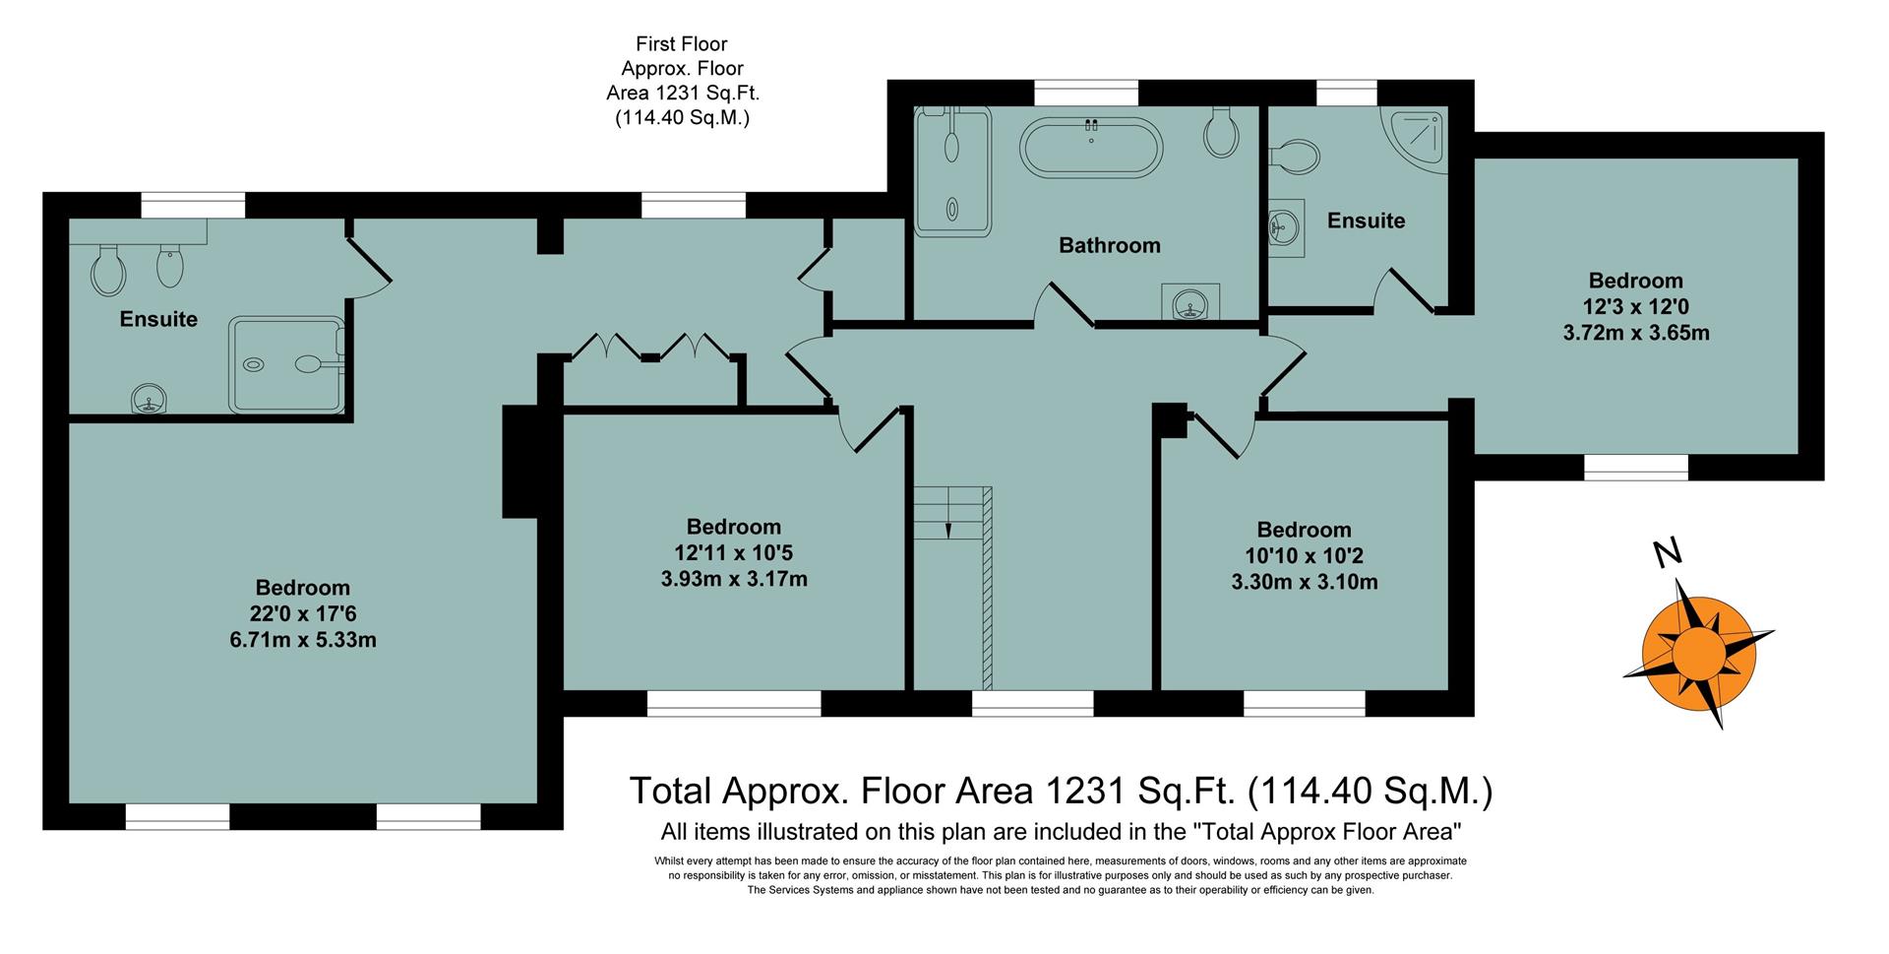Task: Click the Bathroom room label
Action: (1109, 245)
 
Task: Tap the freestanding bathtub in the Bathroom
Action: (1091, 149)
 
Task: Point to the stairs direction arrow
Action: (948, 529)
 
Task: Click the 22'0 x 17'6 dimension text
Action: (302, 614)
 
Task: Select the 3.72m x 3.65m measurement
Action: (1635, 333)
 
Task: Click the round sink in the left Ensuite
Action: (149, 400)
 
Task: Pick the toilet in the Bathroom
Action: (1220, 135)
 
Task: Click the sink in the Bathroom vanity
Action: (1190, 303)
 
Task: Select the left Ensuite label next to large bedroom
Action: (158, 319)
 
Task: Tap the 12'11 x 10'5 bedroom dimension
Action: (733, 553)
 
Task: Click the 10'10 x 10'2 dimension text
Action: (1304, 555)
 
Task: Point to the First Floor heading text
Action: (681, 43)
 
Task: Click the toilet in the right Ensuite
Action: (1296, 156)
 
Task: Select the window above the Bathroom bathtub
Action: (1086, 93)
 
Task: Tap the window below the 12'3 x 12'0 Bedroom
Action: (1635, 467)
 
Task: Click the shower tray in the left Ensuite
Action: (286, 364)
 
